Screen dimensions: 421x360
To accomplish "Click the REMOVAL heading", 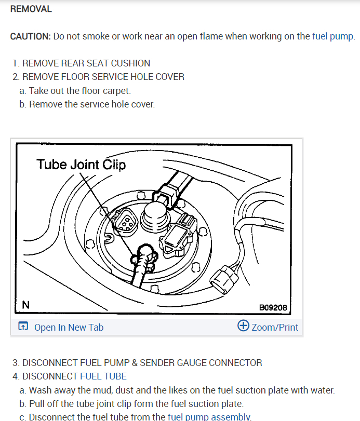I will click(31, 9).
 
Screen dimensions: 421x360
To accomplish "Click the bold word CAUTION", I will click(30, 36).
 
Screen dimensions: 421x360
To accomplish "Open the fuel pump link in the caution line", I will click(332, 36).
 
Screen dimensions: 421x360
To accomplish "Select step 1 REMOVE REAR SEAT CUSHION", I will click(82, 63).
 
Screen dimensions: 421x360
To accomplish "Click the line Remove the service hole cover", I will click(92, 104).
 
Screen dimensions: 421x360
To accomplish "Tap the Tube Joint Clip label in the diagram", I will click(81, 165).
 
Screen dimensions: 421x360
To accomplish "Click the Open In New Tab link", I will click(69, 327).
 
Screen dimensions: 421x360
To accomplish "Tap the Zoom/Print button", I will click(275, 327).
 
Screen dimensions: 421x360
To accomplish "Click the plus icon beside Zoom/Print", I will click(243, 326).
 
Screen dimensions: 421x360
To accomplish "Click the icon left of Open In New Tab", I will click(23, 327).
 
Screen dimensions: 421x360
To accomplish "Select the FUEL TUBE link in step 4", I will click(103, 376).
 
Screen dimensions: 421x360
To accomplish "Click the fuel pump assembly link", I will click(209, 417).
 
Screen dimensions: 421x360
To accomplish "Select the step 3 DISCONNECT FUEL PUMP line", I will click(137, 363).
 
